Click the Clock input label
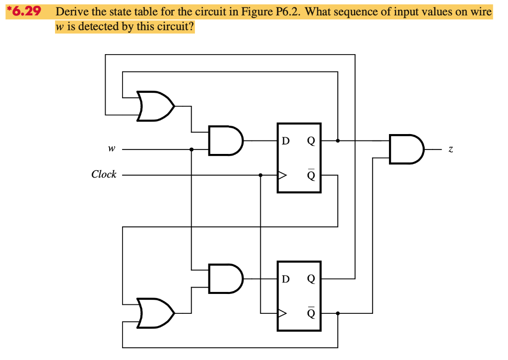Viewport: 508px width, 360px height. pos(104,174)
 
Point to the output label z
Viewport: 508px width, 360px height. pos(450,148)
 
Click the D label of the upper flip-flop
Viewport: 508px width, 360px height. pos(285,141)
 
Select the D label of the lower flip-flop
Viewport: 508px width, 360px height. pos(285,279)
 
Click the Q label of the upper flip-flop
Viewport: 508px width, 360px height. pos(311,141)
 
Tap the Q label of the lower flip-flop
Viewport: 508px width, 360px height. pos(311,279)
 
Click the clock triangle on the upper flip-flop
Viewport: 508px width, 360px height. pos(282,175)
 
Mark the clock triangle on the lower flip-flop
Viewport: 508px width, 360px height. pos(282,313)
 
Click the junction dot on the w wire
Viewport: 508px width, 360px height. pos(191,149)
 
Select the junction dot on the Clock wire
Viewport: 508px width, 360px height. pos(260,175)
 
